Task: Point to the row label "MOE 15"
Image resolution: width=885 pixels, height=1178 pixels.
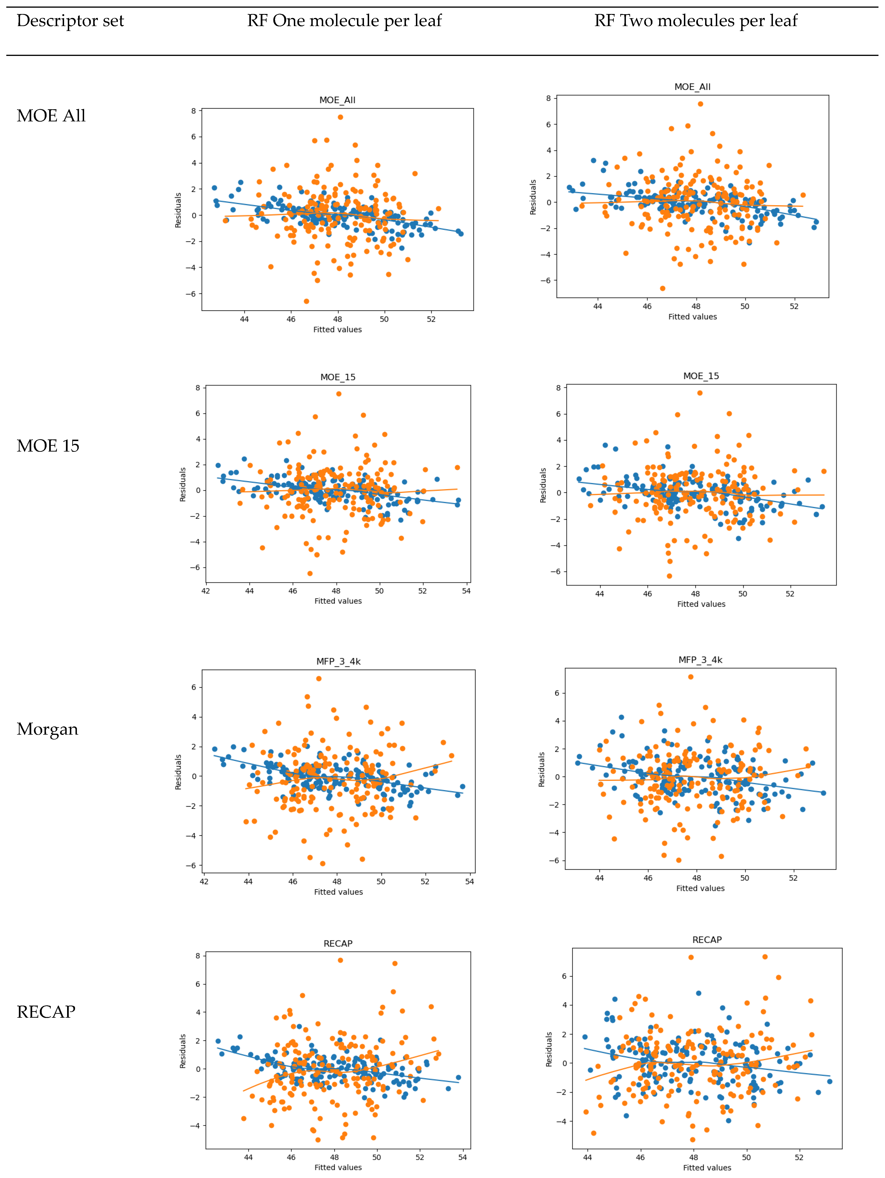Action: click(x=48, y=446)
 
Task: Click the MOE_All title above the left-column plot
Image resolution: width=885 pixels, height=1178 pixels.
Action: click(x=337, y=100)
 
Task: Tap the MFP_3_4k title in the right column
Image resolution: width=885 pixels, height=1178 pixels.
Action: click(x=700, y=660)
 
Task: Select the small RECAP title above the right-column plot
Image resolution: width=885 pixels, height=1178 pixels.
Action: click(x=707, y=940)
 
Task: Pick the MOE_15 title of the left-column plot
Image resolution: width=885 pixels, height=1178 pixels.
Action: click(x=338, y=377)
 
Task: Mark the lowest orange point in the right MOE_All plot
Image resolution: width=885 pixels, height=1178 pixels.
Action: click(x=662, y=289)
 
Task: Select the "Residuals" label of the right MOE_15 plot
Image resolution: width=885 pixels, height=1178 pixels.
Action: click(x=543, y=485)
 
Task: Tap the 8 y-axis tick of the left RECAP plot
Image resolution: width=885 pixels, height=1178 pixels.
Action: click(x=198, y=956)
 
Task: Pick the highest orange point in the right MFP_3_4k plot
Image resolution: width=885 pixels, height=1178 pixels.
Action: click(x=691, y=677)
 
